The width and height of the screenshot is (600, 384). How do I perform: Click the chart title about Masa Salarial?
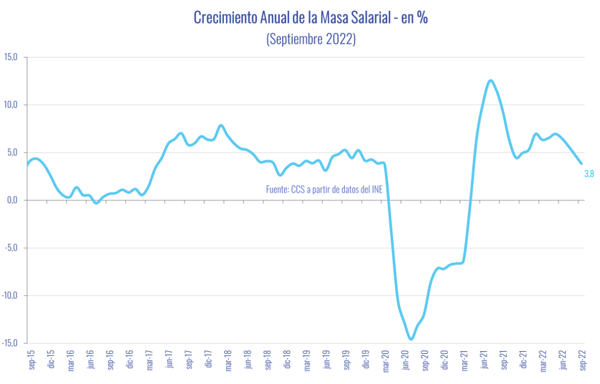tap(311, 18)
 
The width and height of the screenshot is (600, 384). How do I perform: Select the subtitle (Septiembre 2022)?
tap(311, 39)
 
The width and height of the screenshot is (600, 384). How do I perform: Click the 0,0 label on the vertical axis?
tap(11, 200)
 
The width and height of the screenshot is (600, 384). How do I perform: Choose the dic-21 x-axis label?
tap(523, 359)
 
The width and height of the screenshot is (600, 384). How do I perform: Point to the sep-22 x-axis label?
tap(582, 359)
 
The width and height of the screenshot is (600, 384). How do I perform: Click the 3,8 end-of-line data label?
tap(589, 174)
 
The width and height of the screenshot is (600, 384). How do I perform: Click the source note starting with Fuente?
tap(324, 189)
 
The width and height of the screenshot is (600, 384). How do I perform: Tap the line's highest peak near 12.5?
tap(490, 80)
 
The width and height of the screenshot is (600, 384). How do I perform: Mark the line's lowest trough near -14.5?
tap(410, 339)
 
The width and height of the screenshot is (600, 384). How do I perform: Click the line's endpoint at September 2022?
tap(582, 164)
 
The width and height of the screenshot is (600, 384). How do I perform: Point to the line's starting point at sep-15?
tap(27, 165)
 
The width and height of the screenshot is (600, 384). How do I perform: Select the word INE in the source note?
tap(377, 189)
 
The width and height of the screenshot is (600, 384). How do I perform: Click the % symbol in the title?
tap(422, 18)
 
